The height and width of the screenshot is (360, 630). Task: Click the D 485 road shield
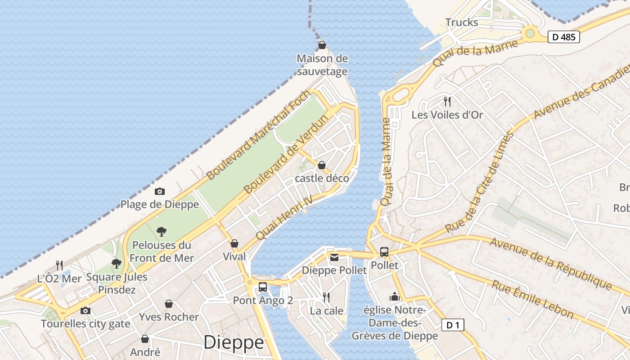(563, 37)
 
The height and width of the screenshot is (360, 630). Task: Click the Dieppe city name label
(234, 342)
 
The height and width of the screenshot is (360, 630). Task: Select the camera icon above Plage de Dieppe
(159, 192)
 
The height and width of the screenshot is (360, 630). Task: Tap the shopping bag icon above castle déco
(322, 165)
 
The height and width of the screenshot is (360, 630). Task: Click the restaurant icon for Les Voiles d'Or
(447, 101)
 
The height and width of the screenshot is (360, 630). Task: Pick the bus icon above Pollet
(384, 252)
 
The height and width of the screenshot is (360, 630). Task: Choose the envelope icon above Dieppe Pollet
(334, 257)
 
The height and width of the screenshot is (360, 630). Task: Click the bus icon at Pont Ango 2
(263, 287)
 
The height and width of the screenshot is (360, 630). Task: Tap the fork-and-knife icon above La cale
(326, 297)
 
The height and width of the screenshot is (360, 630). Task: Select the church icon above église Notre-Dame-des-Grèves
(395, 297)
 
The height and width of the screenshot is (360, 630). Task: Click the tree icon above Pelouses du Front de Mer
(162, 232)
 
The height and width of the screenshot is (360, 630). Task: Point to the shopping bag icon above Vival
(234, 244)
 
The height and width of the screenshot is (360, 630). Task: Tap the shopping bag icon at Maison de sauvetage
(322, 45)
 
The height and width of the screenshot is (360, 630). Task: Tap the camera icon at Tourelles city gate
(85, 310)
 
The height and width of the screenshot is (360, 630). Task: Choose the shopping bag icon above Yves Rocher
(169, 304)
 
